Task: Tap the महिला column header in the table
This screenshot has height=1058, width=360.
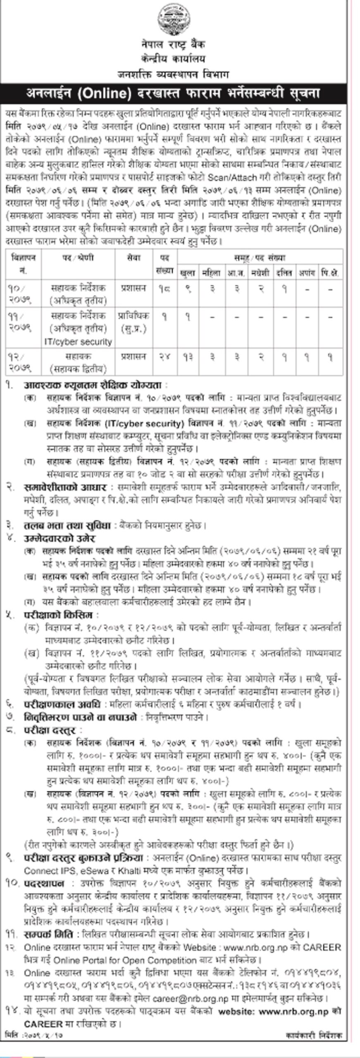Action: [x=212, y=273]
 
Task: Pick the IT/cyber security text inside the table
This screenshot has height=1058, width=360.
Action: [x=78, y=342]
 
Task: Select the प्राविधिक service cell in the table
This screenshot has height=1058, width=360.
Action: [x=134, y=316]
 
